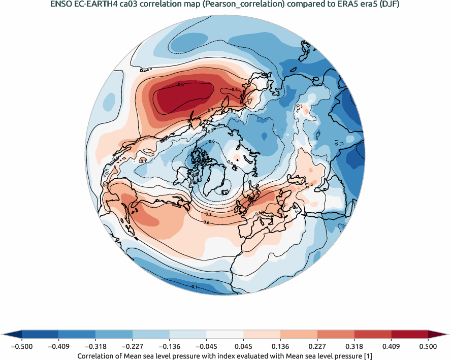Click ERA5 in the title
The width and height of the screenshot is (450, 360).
coord(341,5)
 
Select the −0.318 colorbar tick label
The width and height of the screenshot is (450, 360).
coord(95,346)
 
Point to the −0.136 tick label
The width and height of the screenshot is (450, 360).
coord(169,346)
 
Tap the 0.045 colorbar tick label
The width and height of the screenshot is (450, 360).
coord(243,346)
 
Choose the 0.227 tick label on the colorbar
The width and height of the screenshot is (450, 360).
coord(317,346)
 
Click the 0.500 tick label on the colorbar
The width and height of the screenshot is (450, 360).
coord(428,346)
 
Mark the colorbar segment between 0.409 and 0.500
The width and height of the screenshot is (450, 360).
coord(409,334)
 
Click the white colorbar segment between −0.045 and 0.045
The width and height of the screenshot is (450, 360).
coord(224,334)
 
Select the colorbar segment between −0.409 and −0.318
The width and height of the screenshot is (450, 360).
coord(77,334)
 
